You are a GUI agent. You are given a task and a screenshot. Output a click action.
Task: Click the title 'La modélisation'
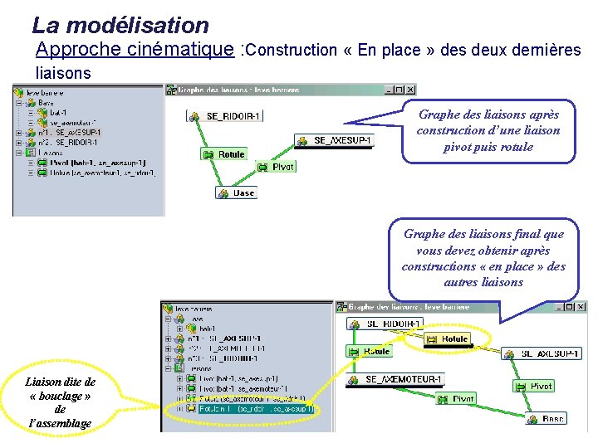point(120,26)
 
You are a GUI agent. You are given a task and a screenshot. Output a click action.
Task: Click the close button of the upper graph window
point(409,90)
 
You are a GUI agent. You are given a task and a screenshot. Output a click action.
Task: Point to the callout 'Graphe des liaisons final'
point(483,258)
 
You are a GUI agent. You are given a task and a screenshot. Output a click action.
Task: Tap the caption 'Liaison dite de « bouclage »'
point(60,402)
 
